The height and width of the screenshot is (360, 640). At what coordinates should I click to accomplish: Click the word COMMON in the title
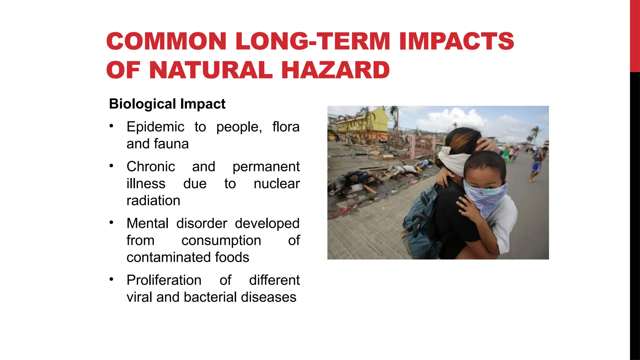tap(166, 41)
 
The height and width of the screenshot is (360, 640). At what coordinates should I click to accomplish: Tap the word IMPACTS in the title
tap(457, 41)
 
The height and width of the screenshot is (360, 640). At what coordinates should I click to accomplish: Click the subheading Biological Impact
tap(167, 104)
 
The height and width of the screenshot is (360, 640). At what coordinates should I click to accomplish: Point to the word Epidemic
tap(155, 127)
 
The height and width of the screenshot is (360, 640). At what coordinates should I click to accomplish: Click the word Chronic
tap(151, 167)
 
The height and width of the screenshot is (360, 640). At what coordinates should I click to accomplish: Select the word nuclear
tap(277, 184)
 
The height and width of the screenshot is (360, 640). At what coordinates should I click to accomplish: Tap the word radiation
tap(153, 201)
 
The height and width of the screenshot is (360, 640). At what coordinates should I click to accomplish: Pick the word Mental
tap(147, 223)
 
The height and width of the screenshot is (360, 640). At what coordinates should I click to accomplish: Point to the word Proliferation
tap(164, 280)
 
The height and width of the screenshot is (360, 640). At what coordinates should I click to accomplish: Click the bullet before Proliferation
tap(111, 279)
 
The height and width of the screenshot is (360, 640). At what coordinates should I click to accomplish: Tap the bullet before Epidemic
tap(111, 126)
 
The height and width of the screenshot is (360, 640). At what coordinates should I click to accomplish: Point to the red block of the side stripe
tap(635, 36)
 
